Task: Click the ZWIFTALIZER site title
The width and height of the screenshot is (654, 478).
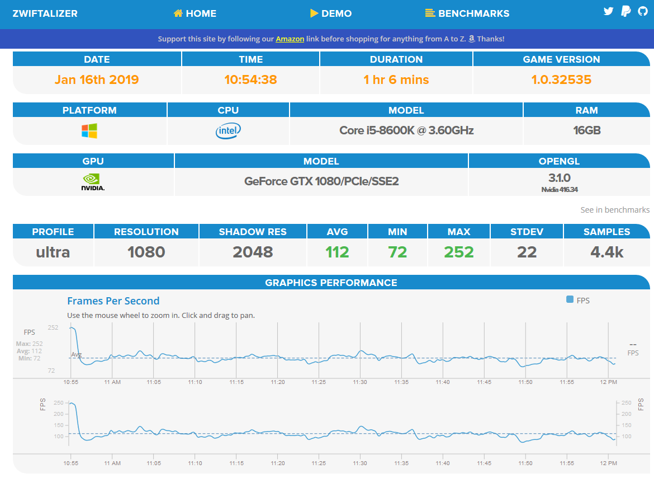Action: coord(45,13)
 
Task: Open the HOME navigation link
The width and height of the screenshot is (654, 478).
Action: coord(195,13)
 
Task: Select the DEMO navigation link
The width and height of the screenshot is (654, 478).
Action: coord(331,13)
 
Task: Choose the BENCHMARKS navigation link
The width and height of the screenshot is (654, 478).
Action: coord(467,13)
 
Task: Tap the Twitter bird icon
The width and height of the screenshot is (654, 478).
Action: coord(609,11)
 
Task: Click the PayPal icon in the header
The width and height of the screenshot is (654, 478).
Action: coord(625,11)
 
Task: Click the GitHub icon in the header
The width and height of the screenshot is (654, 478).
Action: coord(643,11)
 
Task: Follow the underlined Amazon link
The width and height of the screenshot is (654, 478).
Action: coord(290,39)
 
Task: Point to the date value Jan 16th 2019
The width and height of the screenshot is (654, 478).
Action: coord(97,79)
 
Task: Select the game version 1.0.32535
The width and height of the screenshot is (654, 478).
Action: coord(561,79)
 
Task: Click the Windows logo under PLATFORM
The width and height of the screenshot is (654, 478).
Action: coord(89,130)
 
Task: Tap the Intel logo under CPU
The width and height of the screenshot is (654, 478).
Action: coord(228,130)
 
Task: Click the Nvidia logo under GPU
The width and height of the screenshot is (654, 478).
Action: coord(93,182)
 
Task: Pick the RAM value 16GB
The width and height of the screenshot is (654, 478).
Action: coord(587,130)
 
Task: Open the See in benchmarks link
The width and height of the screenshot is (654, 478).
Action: coord(615,209)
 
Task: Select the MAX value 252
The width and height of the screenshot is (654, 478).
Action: coord(459,252)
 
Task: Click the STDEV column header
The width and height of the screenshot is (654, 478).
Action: coord(527,232)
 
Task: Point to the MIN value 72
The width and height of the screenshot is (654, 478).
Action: coord(397,252)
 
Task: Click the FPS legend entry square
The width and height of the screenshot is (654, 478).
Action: coord(570,299)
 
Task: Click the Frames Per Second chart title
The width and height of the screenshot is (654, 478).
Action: coord(113,301)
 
